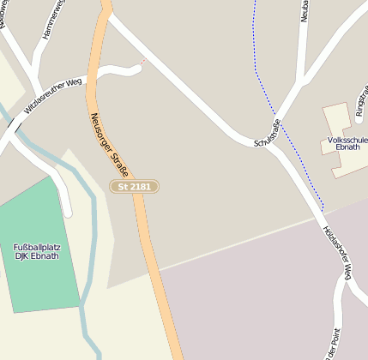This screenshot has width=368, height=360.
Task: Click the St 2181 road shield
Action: coord(135,186)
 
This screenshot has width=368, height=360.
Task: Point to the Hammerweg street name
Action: coord(51,19)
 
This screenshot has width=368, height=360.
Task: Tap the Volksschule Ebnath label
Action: coord(347,142)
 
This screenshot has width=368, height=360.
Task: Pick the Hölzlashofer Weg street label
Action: coord(336,253)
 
